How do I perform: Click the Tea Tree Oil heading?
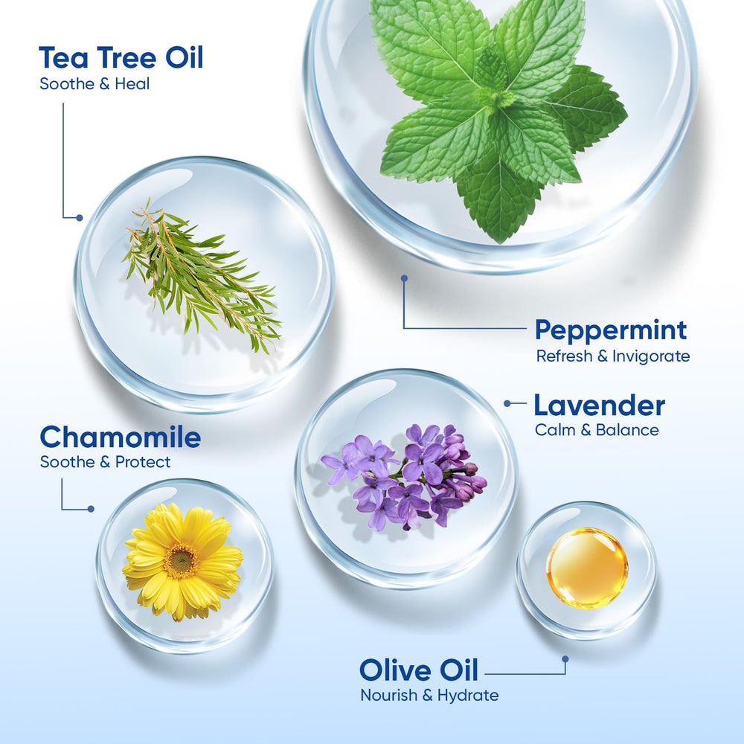(x=121, y=58)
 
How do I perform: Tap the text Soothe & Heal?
(x=95, y=84)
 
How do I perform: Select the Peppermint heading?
(x=611, y=331)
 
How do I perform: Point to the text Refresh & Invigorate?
(x=613, y=356)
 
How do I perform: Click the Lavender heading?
(x=599, y=405)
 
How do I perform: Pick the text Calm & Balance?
(x=597, y=430)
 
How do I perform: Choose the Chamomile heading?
(x=120, y=437)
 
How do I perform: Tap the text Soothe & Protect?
(x=106, y=462)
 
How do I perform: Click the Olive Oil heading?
(x=419, y=670)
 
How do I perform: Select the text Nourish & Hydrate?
(x=429, y=696)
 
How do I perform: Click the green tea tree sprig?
(x=202, y=276)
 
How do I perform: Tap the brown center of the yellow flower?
(x=181, y=561)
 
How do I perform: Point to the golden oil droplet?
(x=587, y=568)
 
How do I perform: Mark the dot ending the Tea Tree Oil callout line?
(x=80, y=218)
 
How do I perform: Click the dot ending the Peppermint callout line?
(x=404, y=278)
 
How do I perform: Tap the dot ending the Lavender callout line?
(x=507, y=403)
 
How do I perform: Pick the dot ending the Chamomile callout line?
(x=91, y=509)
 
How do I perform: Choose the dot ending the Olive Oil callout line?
(x=565, y=659)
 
